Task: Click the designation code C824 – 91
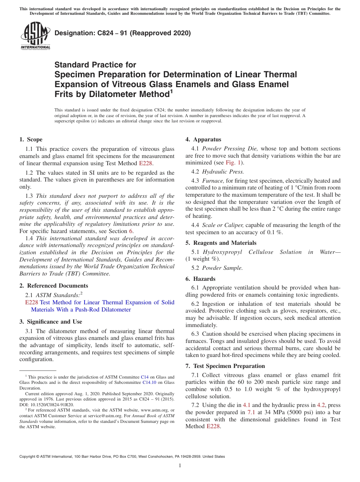click(x=101, y=33)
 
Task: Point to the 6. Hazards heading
click(x=200, y=279)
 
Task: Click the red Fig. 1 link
click(x=234, y=163)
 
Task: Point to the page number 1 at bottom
click(x=180, y=466)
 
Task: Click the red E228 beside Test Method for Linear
click(x=31, y=302)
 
